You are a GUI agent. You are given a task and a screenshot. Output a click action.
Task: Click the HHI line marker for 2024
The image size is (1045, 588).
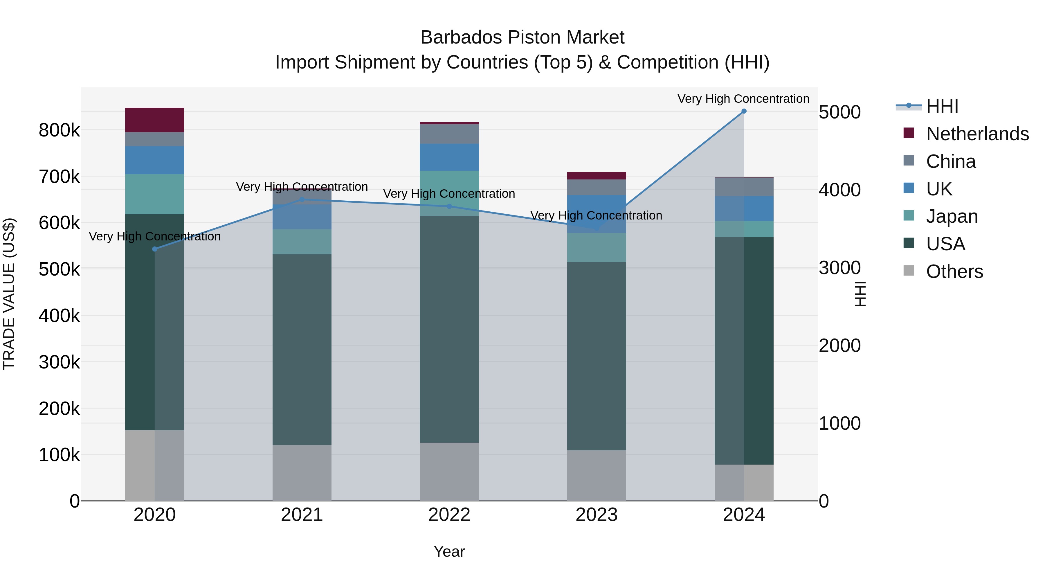[x=744, y=111]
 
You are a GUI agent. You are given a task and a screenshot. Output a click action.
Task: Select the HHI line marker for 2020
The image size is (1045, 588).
[x=154, y=249]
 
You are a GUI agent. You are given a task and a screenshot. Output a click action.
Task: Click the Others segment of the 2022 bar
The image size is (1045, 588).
[x=449, y=472]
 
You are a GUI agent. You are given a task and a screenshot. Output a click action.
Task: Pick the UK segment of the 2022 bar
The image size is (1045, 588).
[x=449, y=157]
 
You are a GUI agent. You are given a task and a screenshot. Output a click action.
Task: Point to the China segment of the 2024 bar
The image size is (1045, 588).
[x=744, y=187]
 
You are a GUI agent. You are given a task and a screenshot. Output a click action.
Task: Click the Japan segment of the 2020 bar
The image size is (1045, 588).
[x=154, y=194]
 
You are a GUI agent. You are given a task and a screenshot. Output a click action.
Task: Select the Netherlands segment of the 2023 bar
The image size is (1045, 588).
[x=596, y=176]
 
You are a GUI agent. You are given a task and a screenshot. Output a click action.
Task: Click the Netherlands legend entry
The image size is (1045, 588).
[x=977, y=134]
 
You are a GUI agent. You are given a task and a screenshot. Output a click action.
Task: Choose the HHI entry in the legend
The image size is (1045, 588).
[x=942, y=106]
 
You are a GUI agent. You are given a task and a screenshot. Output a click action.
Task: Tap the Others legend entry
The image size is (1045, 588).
[x=954, y=271]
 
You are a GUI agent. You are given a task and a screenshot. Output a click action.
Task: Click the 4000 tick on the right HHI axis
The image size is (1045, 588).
[x=839, y=190]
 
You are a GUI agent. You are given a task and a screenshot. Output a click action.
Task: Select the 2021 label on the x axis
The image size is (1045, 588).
[x=302, y=515]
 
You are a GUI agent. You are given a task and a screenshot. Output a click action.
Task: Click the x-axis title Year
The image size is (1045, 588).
[x=449, y=551]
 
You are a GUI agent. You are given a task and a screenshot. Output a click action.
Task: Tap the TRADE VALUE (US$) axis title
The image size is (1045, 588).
[x=9, y=294]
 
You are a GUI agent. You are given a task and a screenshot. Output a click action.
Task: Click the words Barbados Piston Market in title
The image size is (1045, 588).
[x=522, y=37]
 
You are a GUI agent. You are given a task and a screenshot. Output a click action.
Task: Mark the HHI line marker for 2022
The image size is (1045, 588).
[x=449, y=206]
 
